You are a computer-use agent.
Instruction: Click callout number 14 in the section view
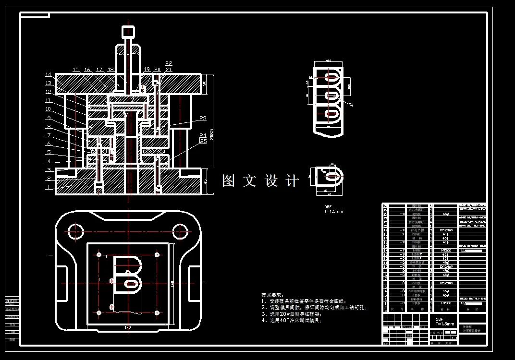(48, 75)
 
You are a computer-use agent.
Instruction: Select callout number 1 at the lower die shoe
(48, 188)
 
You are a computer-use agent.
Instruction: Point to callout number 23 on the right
(203, 119)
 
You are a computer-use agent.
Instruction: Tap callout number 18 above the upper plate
(110, 70)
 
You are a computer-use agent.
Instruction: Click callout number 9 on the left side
(48, 118)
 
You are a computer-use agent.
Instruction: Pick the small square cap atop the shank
(127, 32)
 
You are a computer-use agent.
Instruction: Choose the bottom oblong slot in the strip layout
(331, 115)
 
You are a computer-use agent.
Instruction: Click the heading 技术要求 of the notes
(272, 295)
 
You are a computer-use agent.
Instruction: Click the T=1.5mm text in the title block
(444, 324)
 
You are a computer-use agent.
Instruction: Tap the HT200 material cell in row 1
(446, 303)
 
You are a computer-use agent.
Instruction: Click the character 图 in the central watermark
(228, 181)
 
